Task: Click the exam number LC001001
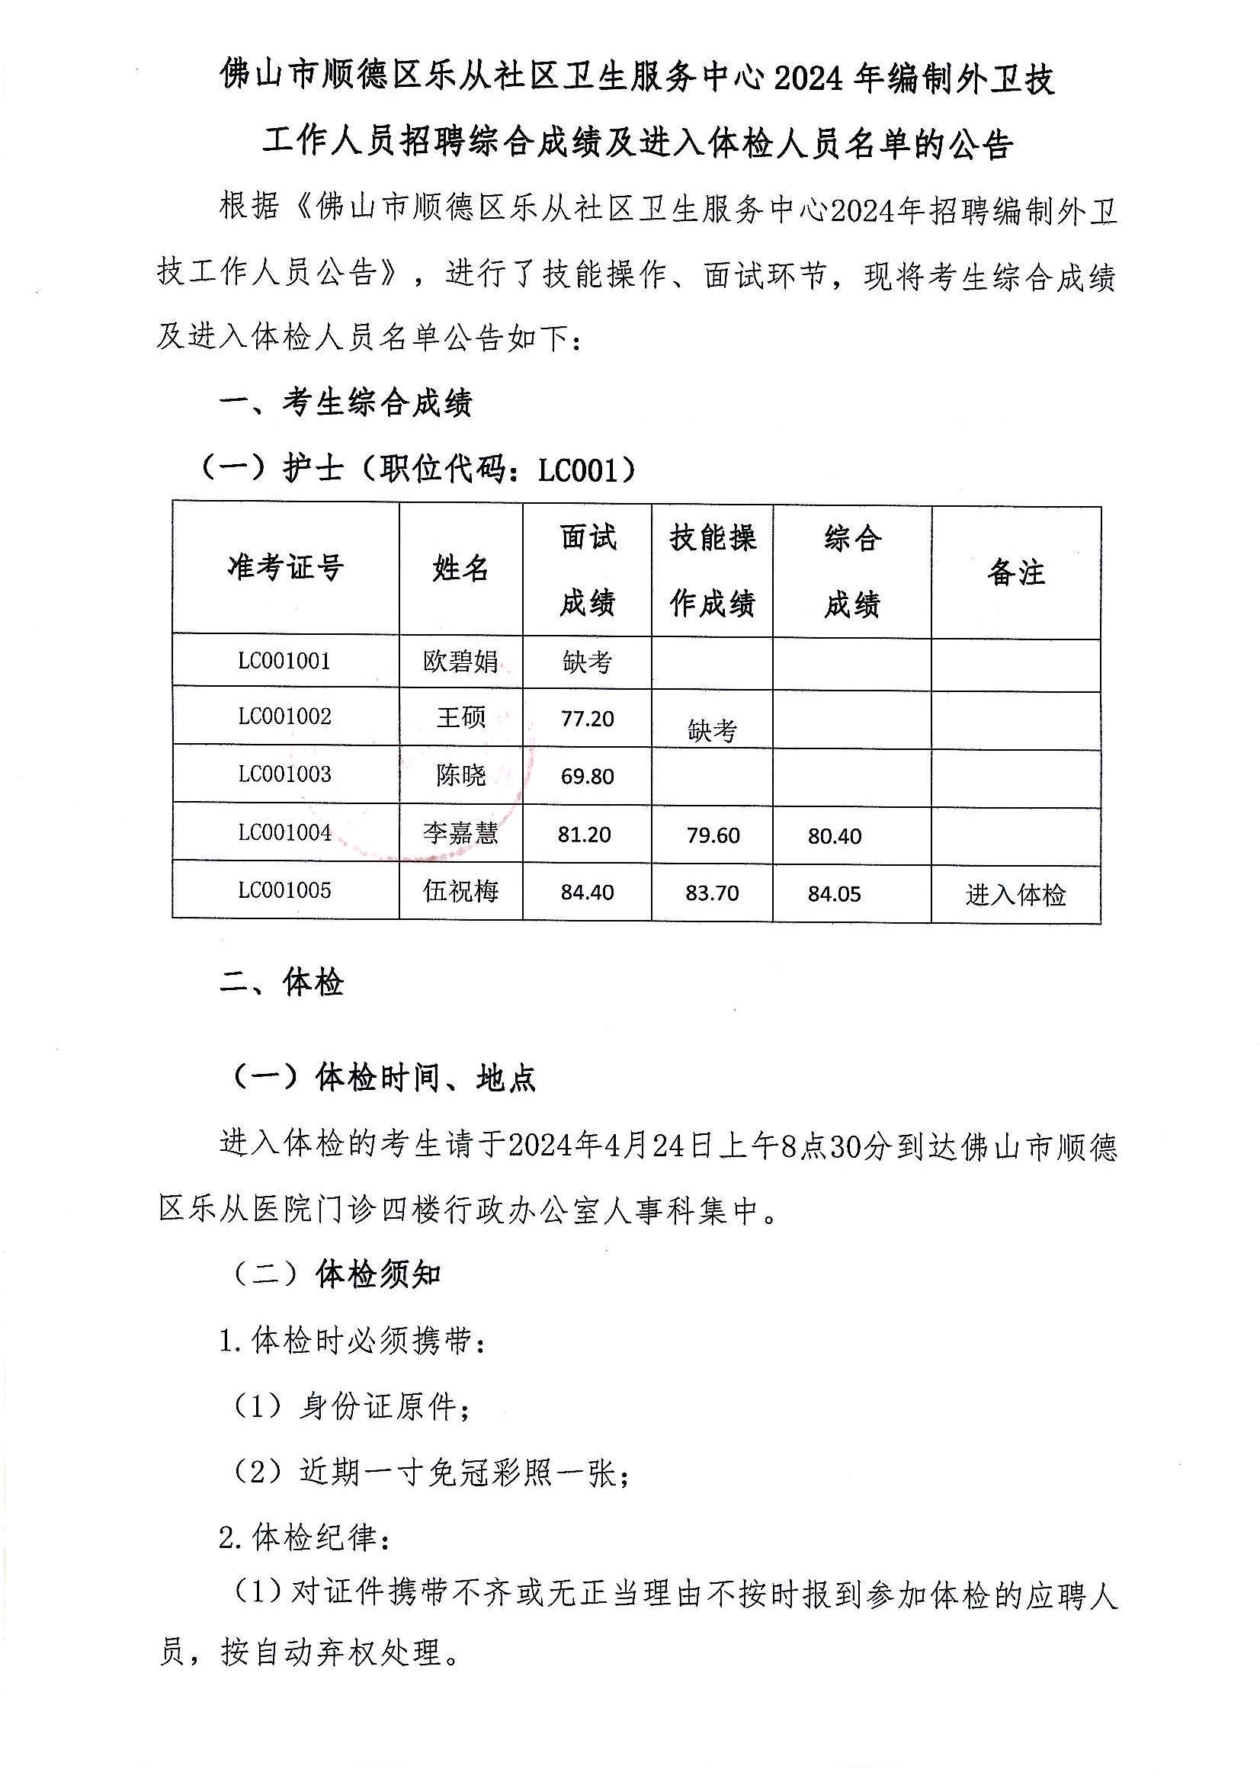tap(284, 662)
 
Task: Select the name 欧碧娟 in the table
tap(460, 662)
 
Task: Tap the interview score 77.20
tap(587, 719)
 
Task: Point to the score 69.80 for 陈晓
tap(587, 776)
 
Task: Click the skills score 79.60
tap(713, 836)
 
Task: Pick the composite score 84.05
tap(835, 894)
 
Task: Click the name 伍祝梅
tap(460, 891)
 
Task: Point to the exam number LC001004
tap(284, 833)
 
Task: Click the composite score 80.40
tap(835, 837)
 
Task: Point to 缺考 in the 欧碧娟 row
tap(587, 662)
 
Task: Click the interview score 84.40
tap(587, 893)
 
